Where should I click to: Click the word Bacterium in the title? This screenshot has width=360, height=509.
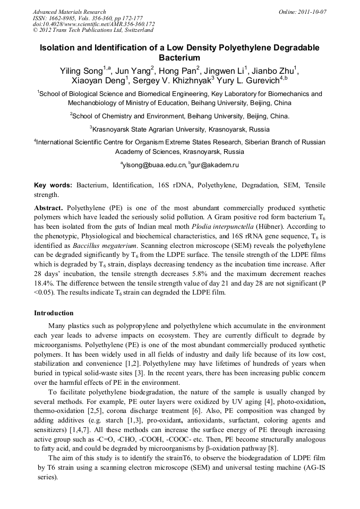point(179,57)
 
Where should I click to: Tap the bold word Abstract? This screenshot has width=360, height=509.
point(48,208)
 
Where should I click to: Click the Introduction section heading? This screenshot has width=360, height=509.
point(54,313)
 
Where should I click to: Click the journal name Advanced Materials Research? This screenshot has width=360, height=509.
point(70,12)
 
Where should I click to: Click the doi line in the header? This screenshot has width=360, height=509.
point(93,24)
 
